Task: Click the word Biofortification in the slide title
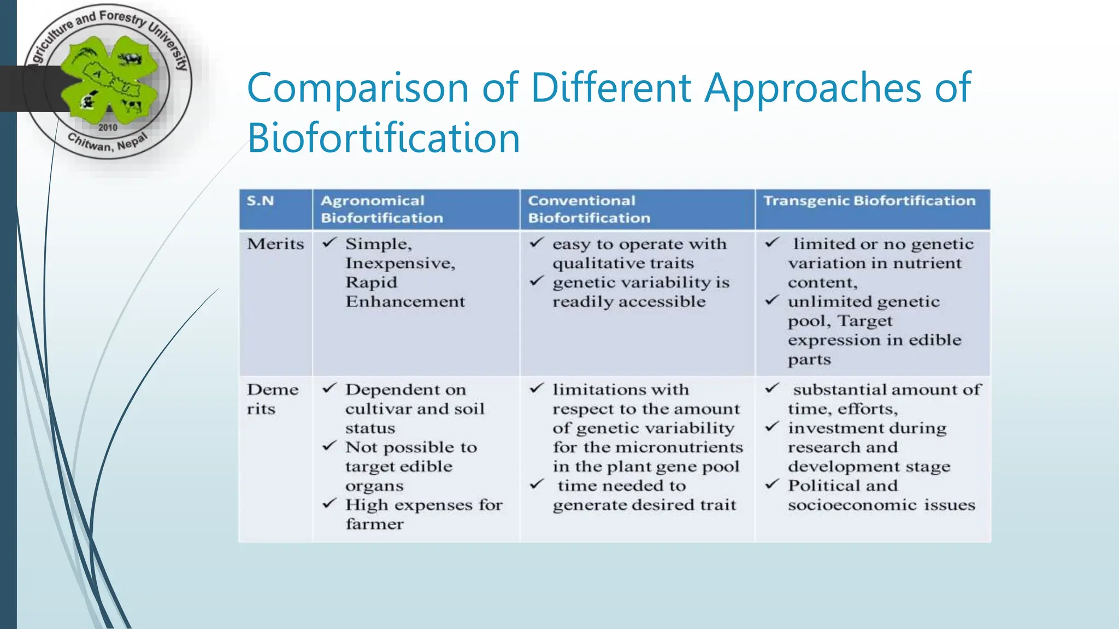[384, 138]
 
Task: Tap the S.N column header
[260, 201]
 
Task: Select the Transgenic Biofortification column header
[869, 201]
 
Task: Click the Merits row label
[275, 244]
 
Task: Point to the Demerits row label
[272, 399]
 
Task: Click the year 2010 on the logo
[108, 128]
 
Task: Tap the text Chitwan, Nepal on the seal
[107, 144]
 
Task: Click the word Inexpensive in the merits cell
[399, 264]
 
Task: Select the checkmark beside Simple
[329, 243]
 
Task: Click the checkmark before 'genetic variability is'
[537, 282]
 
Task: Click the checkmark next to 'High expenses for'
[329, 504]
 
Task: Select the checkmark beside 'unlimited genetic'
[771, 301]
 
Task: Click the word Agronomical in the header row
[372, 201]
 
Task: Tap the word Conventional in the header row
[581, 201]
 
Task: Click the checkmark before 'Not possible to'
[329, 447]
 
